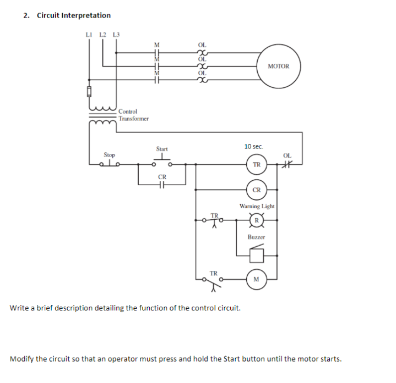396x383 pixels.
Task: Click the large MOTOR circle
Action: click(x=278, y=66)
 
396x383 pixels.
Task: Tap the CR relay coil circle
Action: click(x=257, y=190)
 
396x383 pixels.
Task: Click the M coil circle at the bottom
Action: click(x=257, y=279)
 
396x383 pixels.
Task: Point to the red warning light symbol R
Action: click(x=257, y=221)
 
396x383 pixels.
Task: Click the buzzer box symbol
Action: click(x=257, y=255)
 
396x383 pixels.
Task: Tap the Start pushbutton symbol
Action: click(x=162, y=161)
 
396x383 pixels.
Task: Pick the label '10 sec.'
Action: click(x=254, y=147)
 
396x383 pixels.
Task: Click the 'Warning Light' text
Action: click(x=257, y=206)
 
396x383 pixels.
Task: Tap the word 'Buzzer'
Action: click(x=256, y=237)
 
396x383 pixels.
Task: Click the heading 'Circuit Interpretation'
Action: click(x=74, y=15)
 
